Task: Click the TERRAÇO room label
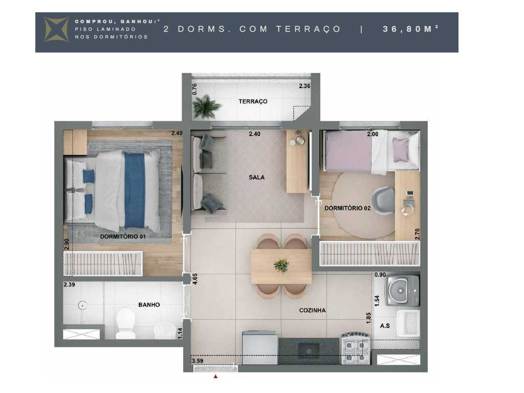pos(253,101)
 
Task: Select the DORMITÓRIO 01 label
pos(123,236)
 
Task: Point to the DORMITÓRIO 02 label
pos(347,208)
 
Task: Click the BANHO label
pos(149,305)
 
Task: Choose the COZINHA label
pos(312,310)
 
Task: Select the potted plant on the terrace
pos(207,107)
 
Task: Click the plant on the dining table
pos(281,265)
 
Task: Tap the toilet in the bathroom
pos(125,323)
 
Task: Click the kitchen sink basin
pos(309,350)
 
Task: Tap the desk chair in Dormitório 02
pos(384,200)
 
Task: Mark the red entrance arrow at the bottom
pos(215,377)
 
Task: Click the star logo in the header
pos(56,29)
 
